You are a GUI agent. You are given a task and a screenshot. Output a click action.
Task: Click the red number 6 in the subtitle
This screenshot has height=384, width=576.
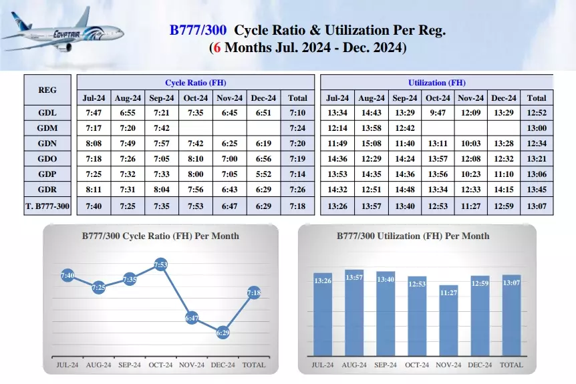217,48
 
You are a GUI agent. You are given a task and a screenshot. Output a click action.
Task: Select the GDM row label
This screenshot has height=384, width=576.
47,128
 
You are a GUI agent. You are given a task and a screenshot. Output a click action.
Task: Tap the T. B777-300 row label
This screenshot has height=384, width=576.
47,206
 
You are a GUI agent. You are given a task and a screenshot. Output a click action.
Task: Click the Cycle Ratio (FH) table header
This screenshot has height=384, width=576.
196,83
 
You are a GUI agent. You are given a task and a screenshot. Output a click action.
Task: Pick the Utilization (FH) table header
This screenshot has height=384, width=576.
437,83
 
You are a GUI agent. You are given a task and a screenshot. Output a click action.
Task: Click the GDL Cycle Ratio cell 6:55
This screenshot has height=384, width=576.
127,113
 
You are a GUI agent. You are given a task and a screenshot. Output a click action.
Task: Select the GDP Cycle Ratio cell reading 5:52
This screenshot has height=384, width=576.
263,174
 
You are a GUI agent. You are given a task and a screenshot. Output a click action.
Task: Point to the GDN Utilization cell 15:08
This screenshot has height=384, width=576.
372,144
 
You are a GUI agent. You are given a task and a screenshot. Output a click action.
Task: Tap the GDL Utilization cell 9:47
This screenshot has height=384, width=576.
438,113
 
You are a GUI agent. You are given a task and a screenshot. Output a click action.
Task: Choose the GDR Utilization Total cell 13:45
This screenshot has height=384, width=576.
537,190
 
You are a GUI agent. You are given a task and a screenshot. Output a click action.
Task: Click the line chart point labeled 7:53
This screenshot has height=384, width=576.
160,265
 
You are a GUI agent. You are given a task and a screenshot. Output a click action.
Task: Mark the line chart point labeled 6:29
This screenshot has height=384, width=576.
223,332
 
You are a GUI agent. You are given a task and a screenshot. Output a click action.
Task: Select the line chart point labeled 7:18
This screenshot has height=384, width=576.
254,293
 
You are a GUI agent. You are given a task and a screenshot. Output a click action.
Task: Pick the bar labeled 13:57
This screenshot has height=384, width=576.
354,313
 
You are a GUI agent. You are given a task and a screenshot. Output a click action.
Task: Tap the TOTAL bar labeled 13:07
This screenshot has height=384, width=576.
512,315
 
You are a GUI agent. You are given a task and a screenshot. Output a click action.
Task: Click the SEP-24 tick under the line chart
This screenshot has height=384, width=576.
130,365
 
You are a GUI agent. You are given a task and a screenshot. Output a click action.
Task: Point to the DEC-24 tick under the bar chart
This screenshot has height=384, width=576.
480,365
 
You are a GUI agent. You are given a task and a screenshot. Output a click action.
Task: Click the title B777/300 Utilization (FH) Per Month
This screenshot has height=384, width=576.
417,236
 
